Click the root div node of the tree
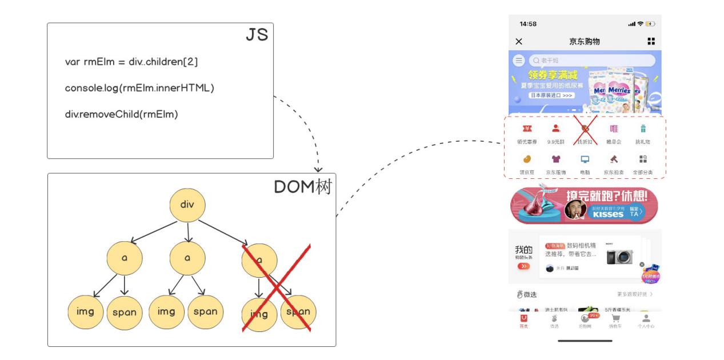[187, 204]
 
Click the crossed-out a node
[259, 260]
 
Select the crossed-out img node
[259, 313]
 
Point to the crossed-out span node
[298, 312]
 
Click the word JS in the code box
[257, 35]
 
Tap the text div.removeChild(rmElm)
[121, 114]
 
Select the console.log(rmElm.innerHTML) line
[139, 88]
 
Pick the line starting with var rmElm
[131, 62]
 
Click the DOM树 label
[302, 187]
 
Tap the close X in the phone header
[519, 42]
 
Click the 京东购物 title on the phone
[585, 42]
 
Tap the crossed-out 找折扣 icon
[585, 129]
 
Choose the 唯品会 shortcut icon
[614, 129]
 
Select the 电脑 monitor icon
[585, 159]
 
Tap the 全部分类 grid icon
[643, 159]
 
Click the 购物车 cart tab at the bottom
[615, 319]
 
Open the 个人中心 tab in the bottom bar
[646, 319]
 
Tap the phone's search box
[591, 60]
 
